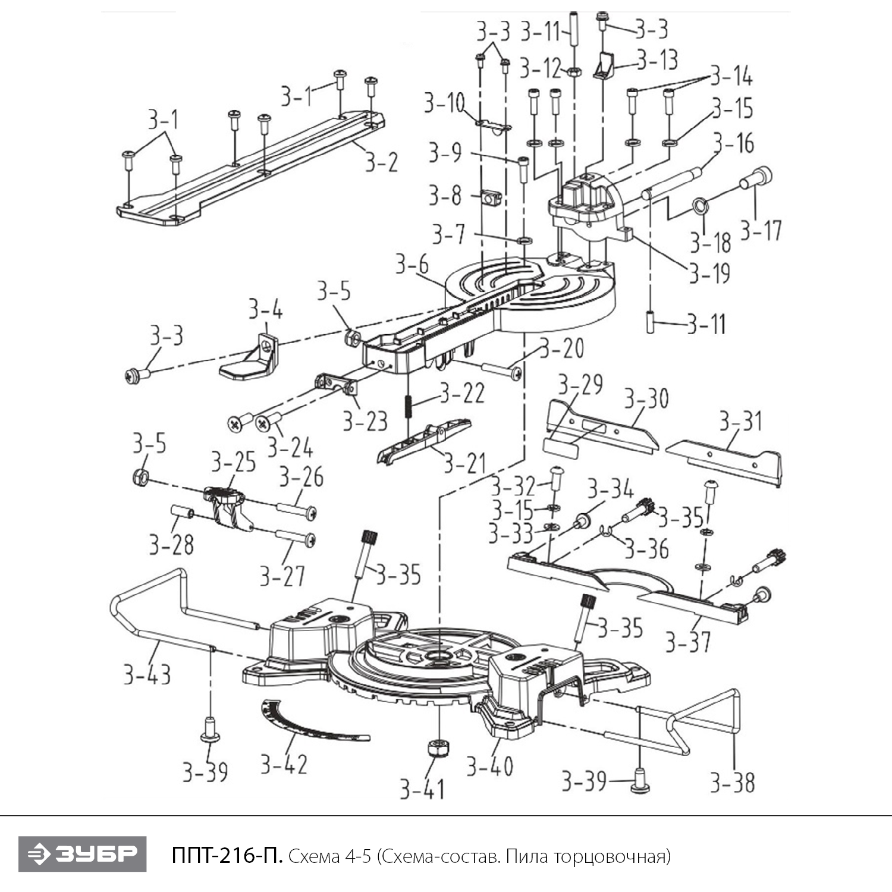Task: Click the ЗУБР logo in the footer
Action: click(x=82, y=854)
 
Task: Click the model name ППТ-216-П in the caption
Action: click(x=227, y=856)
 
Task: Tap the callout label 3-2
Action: click(x=381, y=162)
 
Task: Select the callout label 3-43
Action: click(x=147, y=675)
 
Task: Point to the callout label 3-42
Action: click(x=284, y=764)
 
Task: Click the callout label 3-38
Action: click(x=733, y=783)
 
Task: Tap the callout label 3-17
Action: click(x=761, y=230)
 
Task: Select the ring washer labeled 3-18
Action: click(x=700, y=207)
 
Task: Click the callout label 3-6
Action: click(x=412, y=263)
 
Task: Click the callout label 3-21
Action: click(x=464, y=463)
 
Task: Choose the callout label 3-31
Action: click(x=740, y=421)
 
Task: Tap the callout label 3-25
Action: click(x=233, y=462)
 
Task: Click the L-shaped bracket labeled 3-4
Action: click(x=250, y=359)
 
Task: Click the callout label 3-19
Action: click(x=709, y=274)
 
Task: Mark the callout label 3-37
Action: click(x=688, y=642)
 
